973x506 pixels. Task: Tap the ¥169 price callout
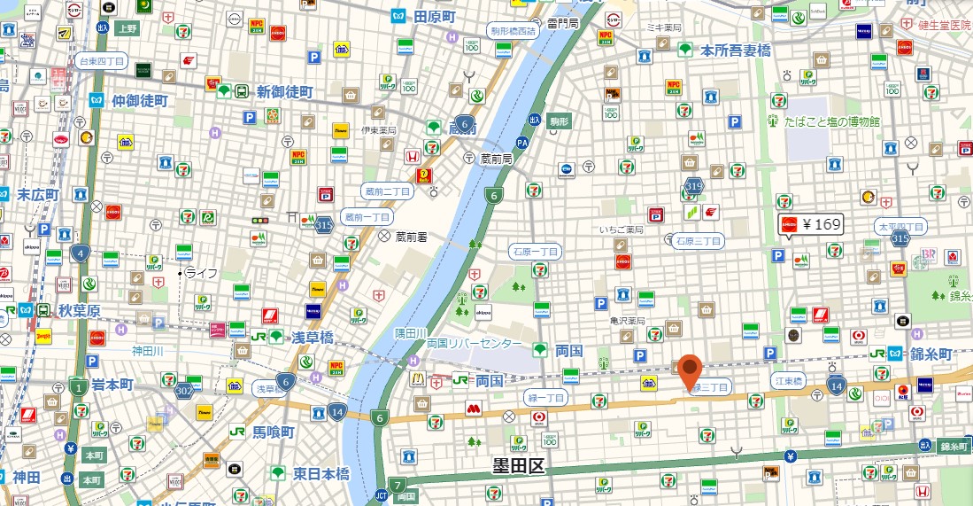coord(810,225)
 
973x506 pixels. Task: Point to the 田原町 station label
coord(433,17)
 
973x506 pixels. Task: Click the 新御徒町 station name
coord(284,92)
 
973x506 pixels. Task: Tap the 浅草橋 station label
coord(313,337)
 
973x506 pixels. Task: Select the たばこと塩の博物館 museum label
coord(831,121)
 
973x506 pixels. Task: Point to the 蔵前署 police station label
coord(412,237)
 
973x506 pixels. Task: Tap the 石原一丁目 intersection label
coord(536,252)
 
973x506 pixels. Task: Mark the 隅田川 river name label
coord(411,333)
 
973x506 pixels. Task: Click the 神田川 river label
coord(149,351)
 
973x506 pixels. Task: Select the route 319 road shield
coord(693,186)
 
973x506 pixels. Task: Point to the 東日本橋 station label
coord(321,474)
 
